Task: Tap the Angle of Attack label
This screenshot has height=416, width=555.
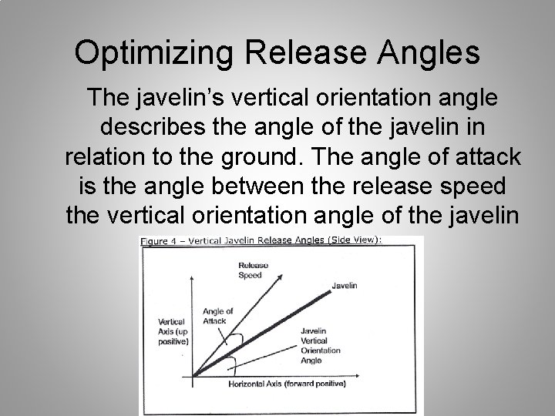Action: [x=217, y=315]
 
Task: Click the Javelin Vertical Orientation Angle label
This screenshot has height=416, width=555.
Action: [x=317, y=344]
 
